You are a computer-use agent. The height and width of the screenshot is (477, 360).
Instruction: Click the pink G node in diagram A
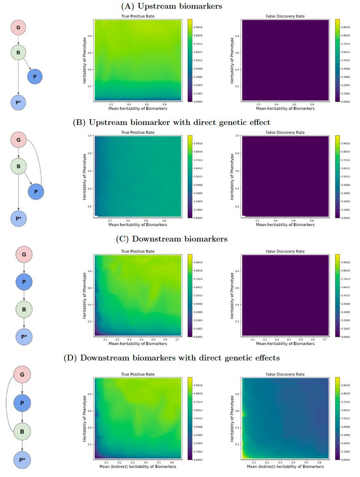tap(19, 28)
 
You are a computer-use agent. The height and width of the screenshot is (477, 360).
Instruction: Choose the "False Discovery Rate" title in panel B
tap(284, 133)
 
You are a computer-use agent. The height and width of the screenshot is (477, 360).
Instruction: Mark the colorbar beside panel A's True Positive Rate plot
tap(190, 60)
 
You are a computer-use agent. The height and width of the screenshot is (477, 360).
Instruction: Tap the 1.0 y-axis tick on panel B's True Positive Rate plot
tap(89, 136)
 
